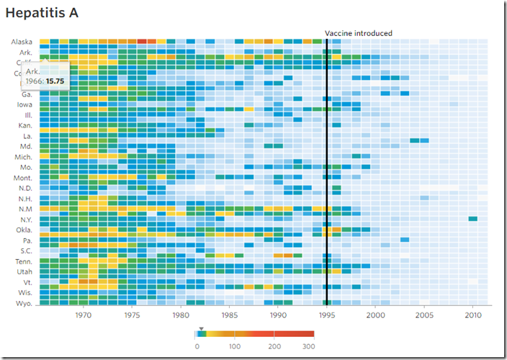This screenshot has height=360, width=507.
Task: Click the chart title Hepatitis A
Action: (x=42, y=13)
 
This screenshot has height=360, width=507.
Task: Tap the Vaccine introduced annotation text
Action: (x=359, y=33)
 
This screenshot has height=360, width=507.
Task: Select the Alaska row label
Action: (x=22, y=42)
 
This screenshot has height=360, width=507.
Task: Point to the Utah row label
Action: (x=24, y=271)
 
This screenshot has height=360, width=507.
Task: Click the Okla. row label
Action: (x=23, y=230)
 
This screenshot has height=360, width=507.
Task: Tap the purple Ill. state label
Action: (x=28, y=115)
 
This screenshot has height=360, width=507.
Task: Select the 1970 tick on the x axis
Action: (x=83, y=315)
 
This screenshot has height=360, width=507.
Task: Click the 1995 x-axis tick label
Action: (x=327, y=315)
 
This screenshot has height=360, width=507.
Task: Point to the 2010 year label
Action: (x=473, y=315)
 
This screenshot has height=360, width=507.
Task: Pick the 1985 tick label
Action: (x=229, y=315)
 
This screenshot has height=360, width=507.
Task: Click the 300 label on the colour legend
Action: (x=308, y=347)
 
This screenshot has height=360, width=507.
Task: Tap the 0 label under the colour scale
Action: (x=197, y=347)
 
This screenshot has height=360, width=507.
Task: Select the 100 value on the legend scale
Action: (x=234, y=347)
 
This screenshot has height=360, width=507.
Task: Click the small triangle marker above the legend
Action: (x=202, y=328)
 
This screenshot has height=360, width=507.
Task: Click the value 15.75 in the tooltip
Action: (x=55, y=81)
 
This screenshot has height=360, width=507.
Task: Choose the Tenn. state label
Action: (x=22, y=261)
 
